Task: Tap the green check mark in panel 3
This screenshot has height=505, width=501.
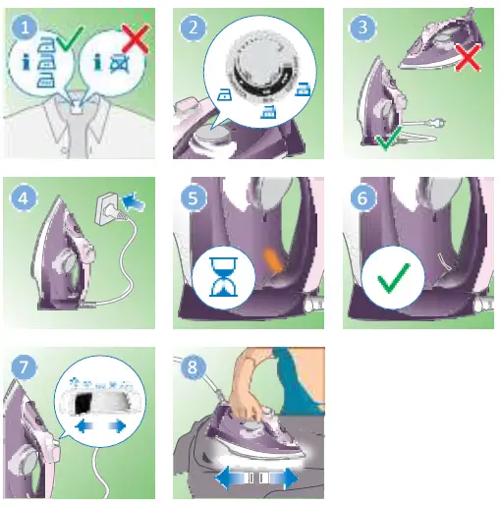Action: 388,143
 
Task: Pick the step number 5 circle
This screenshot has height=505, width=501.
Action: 194,197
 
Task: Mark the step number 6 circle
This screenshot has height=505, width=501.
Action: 363,197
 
